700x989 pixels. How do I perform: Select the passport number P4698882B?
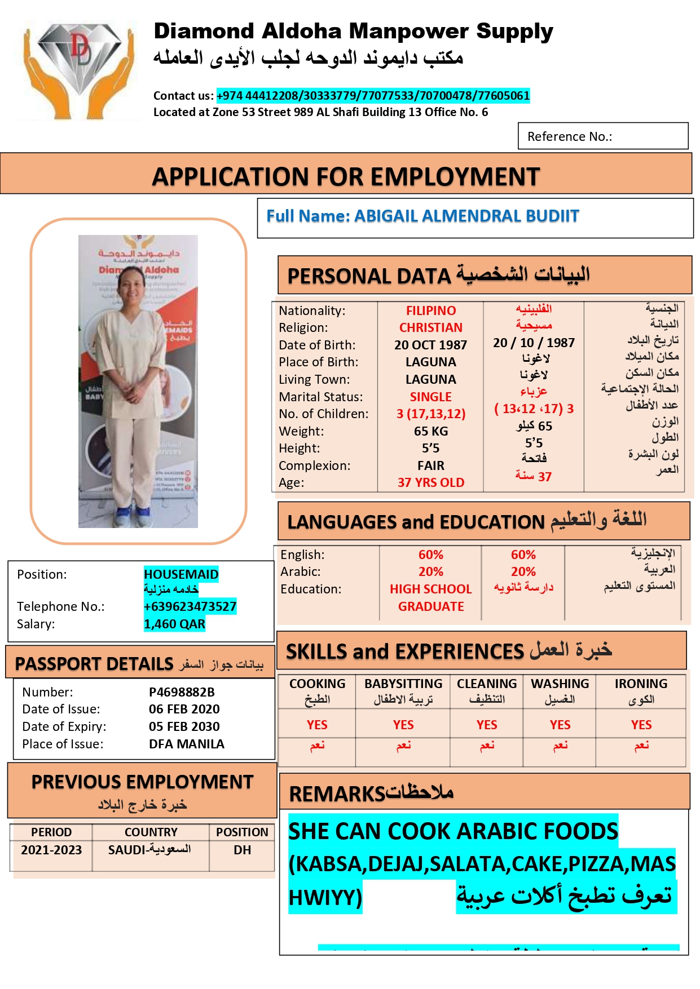click(x=182, y=692)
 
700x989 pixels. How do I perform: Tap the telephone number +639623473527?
click(x=190, y=606)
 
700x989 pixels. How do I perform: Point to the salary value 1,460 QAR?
click(x=174, y=624)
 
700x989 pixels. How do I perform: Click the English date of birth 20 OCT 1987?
click(x=430, y=345)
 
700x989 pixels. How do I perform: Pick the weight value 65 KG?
click(x=430, y=431)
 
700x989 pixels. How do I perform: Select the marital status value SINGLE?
click(x=430, y=397)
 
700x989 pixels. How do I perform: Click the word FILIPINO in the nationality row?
click(x=430, y=311)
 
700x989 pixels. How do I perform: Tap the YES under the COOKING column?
click(x=317, y=725)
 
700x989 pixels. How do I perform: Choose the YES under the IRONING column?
click(x=641, y=725)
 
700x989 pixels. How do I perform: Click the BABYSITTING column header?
click(x=403, y=684)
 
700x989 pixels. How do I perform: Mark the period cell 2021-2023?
click(x=51, y=850)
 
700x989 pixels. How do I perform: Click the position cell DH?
click(x=243, y=850)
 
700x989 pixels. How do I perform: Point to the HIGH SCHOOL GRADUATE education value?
click(x=430, y=597)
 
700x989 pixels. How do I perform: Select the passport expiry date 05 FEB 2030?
click(x=184, y=726)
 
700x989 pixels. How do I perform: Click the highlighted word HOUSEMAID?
click(x=181, y=574)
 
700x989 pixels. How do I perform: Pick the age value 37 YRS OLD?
click(x=430, y=482)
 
